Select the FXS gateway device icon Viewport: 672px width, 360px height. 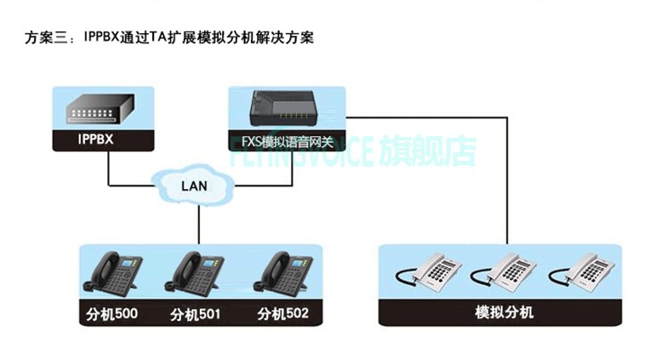pyautogui.click(x=287, y=106)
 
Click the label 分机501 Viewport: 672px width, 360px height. pyautogui.click(x=196, y=315)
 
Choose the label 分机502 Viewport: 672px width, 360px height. pyautogui.click(x=282, y=315)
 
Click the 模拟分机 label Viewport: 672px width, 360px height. pyautogui.click(x=504, y=312)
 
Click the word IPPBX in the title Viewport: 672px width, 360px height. pyautogui.click(x=104, y=38)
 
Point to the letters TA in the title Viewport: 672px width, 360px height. pyautogui.click(x=159, y=38)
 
